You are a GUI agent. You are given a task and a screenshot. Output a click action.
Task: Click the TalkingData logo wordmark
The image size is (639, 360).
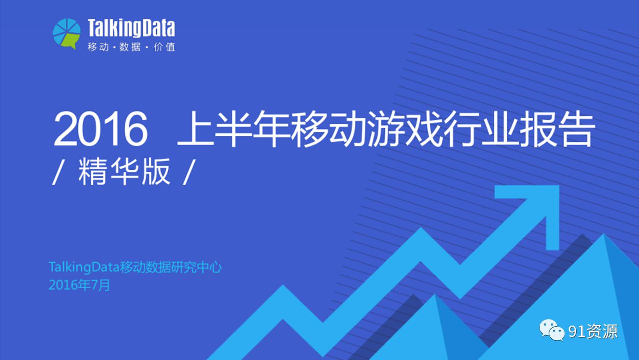tap(131, 28)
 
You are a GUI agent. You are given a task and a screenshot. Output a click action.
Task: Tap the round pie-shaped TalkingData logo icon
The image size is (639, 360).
tap(67, 33)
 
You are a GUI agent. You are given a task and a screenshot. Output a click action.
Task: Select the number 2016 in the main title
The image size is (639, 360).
tap(100, 129)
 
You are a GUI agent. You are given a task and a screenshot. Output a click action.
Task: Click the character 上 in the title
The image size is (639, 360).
tap(195, 129)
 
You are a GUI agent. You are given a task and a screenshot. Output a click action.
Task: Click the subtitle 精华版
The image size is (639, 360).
tap(124, 171)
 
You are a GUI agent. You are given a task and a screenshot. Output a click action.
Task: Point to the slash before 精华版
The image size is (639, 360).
tap(57, 172)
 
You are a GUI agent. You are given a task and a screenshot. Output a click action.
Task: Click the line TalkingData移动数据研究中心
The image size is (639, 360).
tap(135, 267)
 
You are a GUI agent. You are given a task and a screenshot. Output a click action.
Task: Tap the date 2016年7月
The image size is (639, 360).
tap(79, 285)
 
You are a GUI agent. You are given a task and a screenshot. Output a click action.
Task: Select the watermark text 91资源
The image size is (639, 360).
tap(593, 331)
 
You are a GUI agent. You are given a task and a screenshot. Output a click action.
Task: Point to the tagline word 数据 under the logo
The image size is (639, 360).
tap(130, 47)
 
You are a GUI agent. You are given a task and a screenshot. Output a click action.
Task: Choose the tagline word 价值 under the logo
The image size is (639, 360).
tap(164, 47)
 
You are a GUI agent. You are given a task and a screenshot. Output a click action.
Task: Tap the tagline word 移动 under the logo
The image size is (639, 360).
tap(98, 47)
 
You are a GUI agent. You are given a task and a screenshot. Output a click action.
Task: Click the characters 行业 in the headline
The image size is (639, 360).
tap(481, 129)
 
